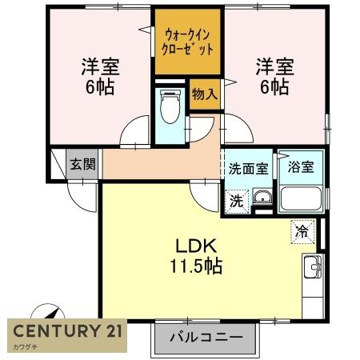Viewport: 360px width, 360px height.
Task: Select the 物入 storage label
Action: point(204,94)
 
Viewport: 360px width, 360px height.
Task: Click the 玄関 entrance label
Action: point(82,165)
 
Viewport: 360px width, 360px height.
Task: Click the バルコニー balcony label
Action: point(206,338)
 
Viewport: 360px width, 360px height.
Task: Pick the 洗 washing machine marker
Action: point(238,199)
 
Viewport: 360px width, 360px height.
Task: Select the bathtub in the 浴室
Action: point(302,198)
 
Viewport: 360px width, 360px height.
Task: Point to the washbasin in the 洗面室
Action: point(263,199)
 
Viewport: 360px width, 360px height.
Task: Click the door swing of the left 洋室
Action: point(136,130)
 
